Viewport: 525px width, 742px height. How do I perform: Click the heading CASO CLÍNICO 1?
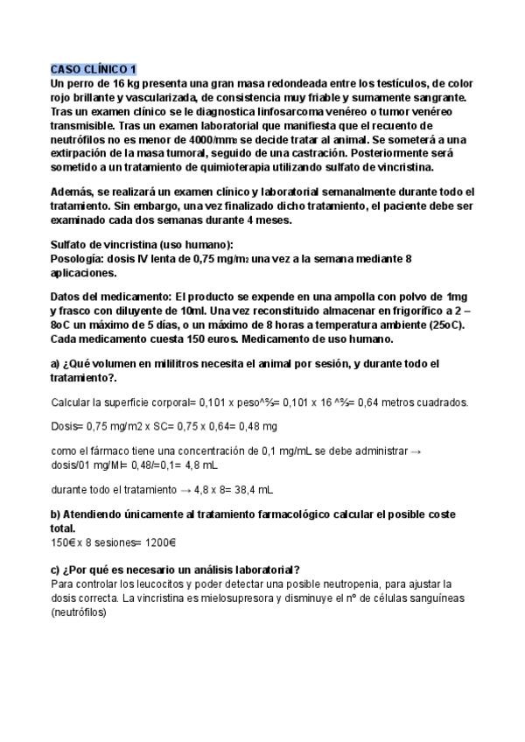94,69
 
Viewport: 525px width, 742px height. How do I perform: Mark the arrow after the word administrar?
416,451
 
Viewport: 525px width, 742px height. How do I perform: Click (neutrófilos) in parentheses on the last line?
79,613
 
